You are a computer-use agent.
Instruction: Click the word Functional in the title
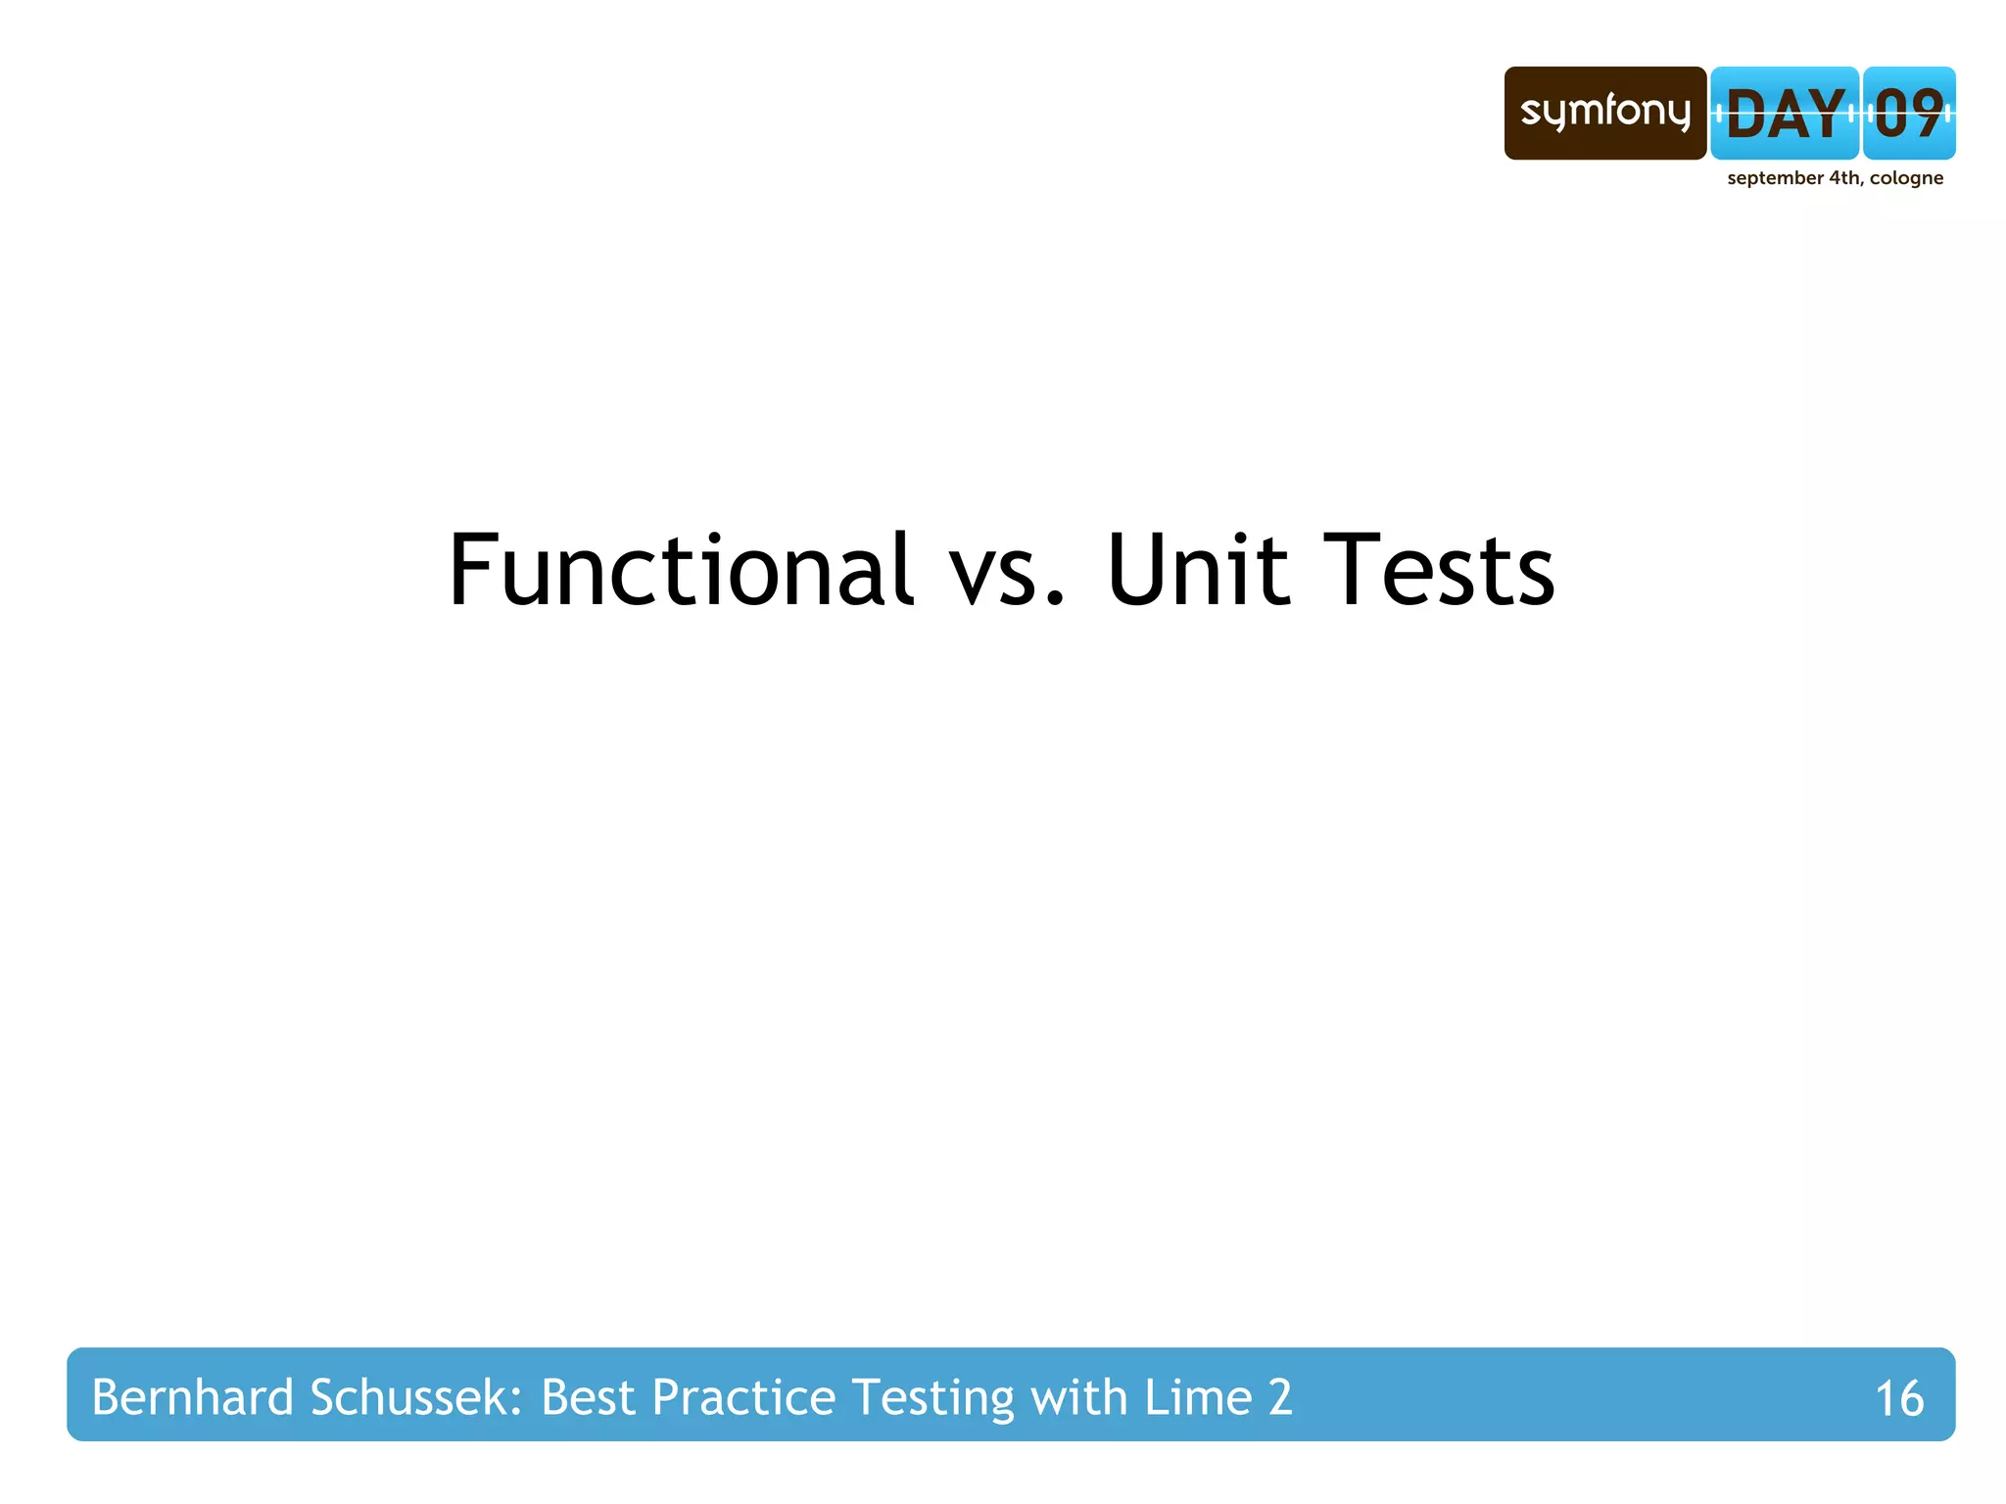tap(681, 570)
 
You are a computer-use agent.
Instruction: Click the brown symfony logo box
tap(1604, 113)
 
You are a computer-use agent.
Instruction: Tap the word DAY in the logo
tap(1785, 114)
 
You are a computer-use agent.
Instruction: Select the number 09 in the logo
tap(1908, 114)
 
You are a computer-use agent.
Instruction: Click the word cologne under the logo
tap(1906, 178)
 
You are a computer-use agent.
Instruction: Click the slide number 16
tap(1898, 1398)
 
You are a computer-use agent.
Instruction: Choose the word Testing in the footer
tap(933, 1398)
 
